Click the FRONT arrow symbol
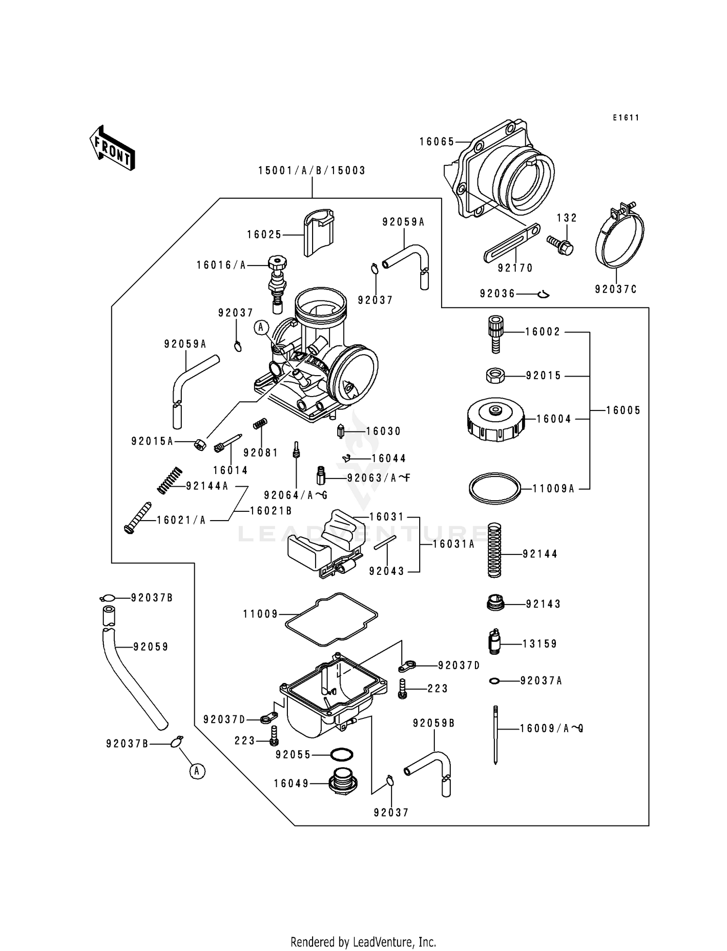pos(112,148)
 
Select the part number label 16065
pos(437,142)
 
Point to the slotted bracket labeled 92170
pos(511,243)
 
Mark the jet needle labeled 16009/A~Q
pos(495,733)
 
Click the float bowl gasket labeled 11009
pos(331,618)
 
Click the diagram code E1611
pos(625,118)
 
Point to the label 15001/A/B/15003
pos(312,171)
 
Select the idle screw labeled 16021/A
pos(137,518)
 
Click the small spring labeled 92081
pos(260,423)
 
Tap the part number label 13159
pos(539,644)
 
